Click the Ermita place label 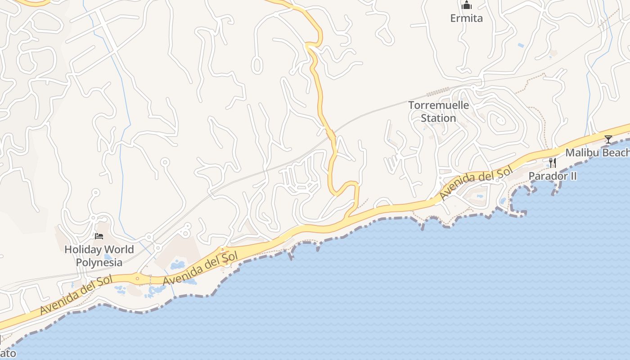tap(467, 18)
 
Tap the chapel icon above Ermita tap(467, 5)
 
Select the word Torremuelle tap(438, 105)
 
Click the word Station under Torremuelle tap(438, 118)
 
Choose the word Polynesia tap(99, 262)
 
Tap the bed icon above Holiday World tap(99, 236)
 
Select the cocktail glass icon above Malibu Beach tap(608, 139)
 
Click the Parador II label tap(552, 176)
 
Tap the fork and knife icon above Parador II tap(552, 162)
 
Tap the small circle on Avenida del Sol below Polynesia tap(137, 279)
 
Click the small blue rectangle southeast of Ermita tap(521, 45)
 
